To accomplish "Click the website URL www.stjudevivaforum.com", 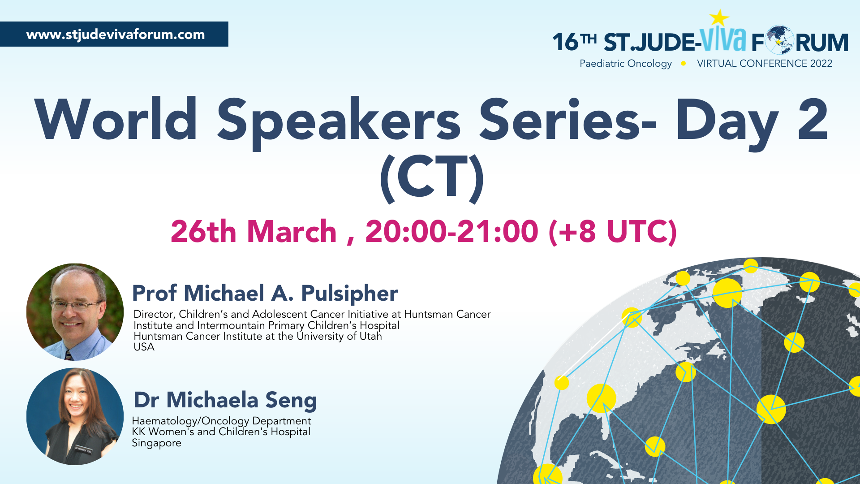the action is [x=116, y=35].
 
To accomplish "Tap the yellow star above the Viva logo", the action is [x=719, y=18].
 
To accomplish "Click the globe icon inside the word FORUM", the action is [x=779, y=40].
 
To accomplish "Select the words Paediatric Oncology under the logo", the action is [x=626, y=64].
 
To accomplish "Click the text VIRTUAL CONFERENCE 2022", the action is [x=765, y=64].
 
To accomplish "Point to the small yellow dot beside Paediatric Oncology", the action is [x=684, y=64].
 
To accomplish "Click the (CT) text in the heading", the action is [x=432, y=178].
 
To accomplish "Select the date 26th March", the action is [x=254, y=232].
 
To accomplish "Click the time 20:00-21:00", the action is [x=451, y=232].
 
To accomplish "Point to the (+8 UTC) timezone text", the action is [x=613, y=232].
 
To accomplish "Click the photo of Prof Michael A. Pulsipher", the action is [x=75, y=312].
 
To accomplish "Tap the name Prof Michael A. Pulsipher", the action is [x=265, y=294].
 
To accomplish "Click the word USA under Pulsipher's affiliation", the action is [x=144, y=347].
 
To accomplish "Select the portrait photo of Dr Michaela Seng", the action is [x=75, y=416].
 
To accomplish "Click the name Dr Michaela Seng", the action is [x=225, y=400].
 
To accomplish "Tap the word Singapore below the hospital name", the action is [x=156, y=443].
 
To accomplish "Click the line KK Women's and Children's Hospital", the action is [x=221, y=432].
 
